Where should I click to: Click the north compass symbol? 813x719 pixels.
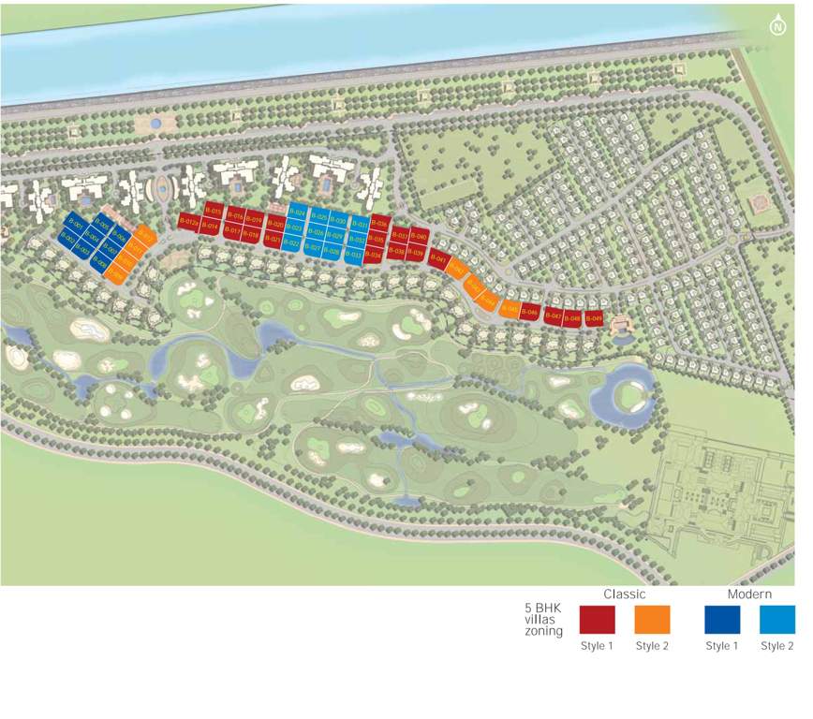coord(776,26)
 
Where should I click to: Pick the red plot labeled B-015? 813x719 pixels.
coord(214,212)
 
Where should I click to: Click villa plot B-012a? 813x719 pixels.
coord(187,221)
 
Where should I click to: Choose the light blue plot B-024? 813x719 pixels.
coord(298,213)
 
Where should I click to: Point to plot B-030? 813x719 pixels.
coord(338,221)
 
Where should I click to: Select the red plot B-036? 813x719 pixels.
coord(380,224)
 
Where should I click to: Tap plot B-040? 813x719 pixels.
coord(420,237)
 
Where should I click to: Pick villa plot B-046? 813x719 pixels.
coord(530,312)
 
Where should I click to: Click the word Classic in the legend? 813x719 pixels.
coord(624,594)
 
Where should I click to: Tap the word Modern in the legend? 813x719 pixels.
coord(749,594)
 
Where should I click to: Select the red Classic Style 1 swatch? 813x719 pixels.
coord(597,620)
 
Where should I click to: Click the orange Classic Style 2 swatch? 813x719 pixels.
coord(652,620)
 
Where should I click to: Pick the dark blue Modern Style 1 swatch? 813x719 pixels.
coord(722,620)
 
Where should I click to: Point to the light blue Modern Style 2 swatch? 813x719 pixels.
coord(777,620)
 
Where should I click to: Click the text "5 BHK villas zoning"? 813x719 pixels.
coord(543,620)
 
